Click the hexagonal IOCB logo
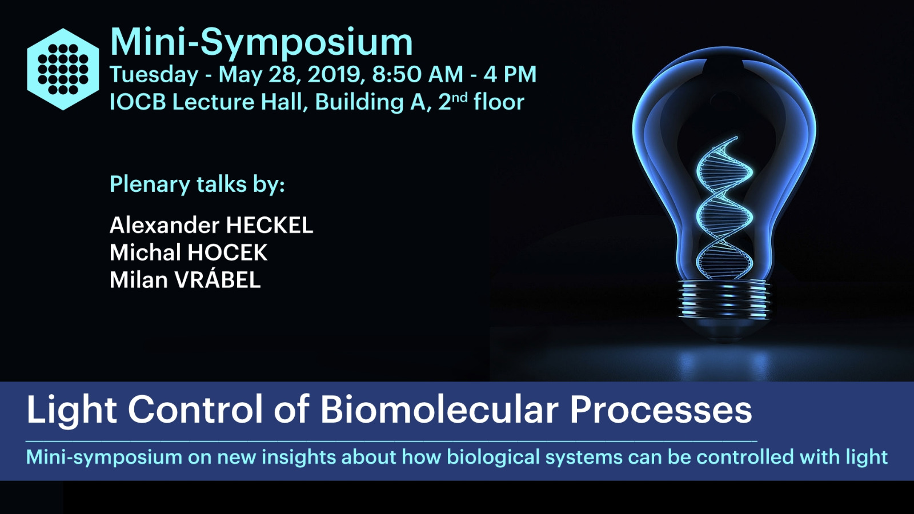pyautogui.click(x=63, y=69)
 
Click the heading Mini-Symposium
pyautogui.click(x=262, y=43)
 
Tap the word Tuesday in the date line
pyautogui.click(x=154, y=75)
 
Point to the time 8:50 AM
pyautogui.click(x=418, y=74)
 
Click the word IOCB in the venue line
pyautogui.click(x=138, y=102)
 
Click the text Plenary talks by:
pyautogui.click(x=197, y=184)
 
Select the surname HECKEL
pyautogui.click(x=269, y=225)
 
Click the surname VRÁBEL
pyautogui.click(x=218, y=279)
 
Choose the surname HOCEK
pyautogui.click(x=228, y=252)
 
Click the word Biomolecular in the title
pyautogui.click(x=439, y=410)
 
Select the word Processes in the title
pyautogui.click(x=660, y=411)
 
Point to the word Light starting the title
pyautogui.click(x=72, y=411)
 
